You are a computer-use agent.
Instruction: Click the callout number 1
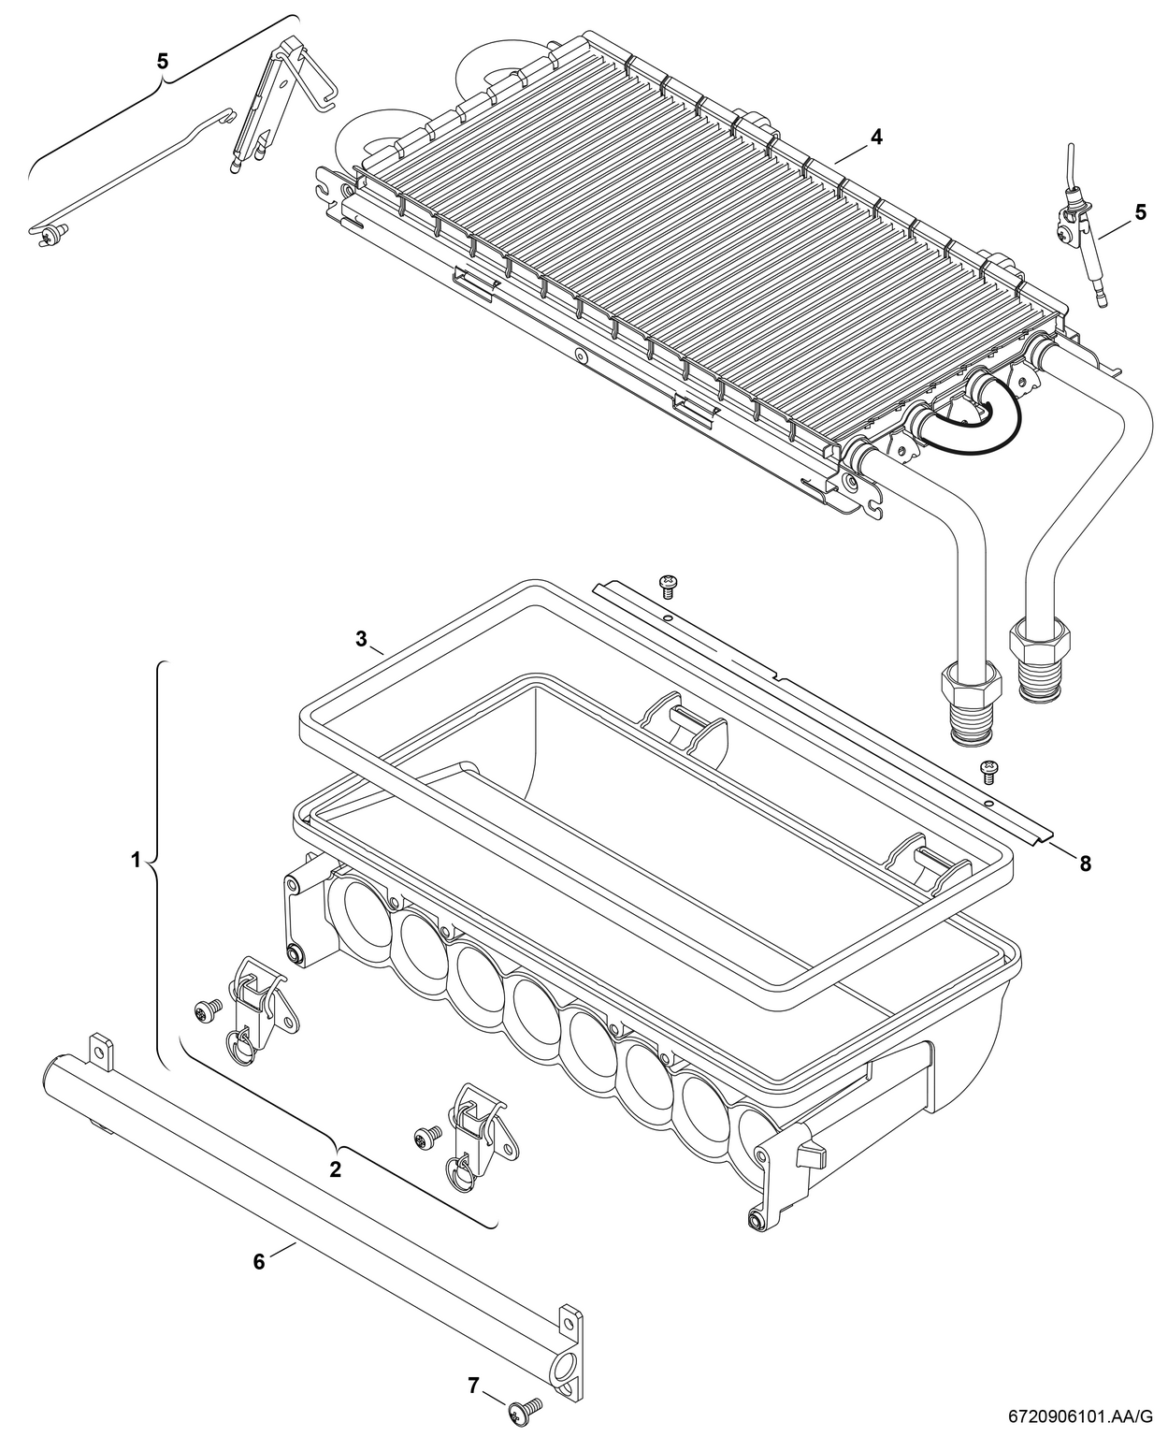tap(137, 859)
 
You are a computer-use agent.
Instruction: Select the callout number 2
tap(335, 1168)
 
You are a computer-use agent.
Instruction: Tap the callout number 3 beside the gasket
tap(361, 639)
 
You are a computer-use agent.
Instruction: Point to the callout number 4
tap(875, 137)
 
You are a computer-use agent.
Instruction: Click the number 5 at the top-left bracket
tap(163, 61)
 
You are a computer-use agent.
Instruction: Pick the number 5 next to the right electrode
tap(1140, 212)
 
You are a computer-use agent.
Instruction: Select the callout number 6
tap(259, 1261)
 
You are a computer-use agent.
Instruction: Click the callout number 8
tap(1085, 864)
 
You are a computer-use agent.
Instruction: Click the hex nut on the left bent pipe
tap(968, 684)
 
